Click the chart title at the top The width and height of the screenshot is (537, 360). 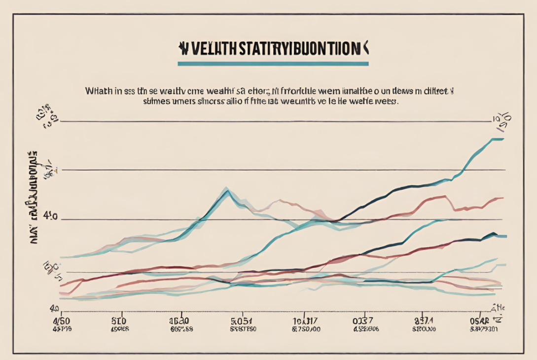coord(273,50)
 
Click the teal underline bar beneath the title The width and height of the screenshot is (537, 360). coord(273,64)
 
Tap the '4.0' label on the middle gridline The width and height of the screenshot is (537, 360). coord(51,216)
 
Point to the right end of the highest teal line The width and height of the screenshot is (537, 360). coord(502,139)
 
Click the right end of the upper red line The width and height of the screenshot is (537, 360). coord(501,198)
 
